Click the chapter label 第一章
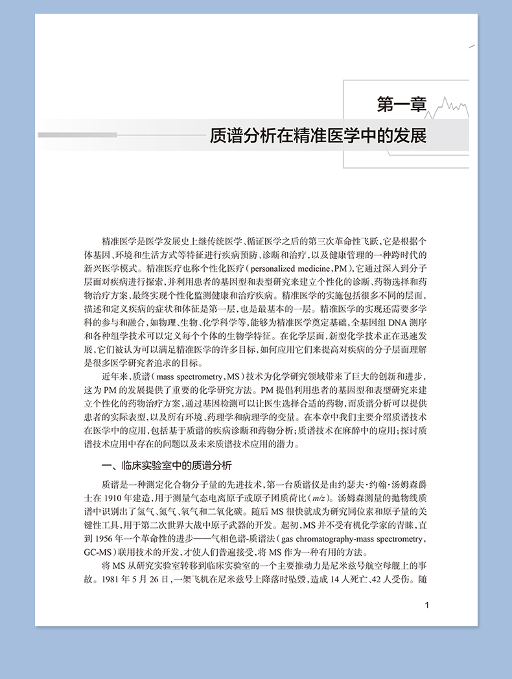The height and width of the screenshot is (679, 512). coord(401,103)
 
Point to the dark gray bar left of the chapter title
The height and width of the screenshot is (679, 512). coord(77,135)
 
